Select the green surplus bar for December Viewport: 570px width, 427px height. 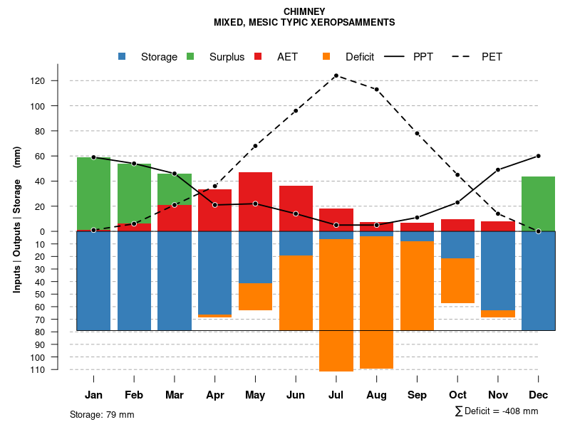[538, 204]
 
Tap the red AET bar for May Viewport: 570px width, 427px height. [255, 201]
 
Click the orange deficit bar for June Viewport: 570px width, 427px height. [296, 292]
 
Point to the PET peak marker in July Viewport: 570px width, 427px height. [336, 75]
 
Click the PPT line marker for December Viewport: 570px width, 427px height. [538, 156]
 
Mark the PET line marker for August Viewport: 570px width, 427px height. [376, 90]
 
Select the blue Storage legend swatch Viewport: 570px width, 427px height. [123, 57]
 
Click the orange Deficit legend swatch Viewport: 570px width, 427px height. [327, 57]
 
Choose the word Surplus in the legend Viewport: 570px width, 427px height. [227, 57]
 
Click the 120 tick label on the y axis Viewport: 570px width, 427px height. [58, 81]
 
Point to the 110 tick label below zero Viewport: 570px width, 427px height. [58, 369]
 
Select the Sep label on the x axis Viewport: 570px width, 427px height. [417, 395]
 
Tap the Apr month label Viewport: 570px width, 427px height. [214, 395]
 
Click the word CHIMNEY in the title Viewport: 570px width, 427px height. [304, 11]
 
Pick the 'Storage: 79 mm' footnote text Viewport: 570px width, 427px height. [102, 414]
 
